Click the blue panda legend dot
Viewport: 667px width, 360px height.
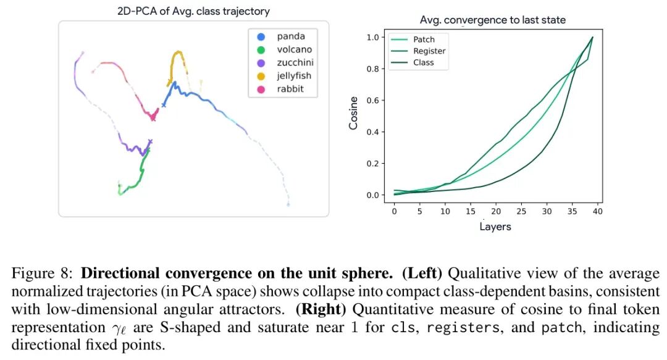point(261,37)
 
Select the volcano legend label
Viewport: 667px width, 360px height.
point(295,50)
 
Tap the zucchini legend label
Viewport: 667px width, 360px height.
point(296,63)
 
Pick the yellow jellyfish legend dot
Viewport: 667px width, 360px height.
point(261,77)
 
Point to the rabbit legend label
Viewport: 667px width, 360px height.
point(290,90)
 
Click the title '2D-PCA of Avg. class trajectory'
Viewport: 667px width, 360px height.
point(193,12)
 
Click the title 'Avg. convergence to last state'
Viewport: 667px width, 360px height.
point(493,20)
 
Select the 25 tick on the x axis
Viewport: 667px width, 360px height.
point(521,212)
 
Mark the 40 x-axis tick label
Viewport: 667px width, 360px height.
point(597,212)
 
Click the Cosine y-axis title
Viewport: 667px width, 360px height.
point(354,113)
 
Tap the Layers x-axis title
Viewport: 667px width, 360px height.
point(495,227)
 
